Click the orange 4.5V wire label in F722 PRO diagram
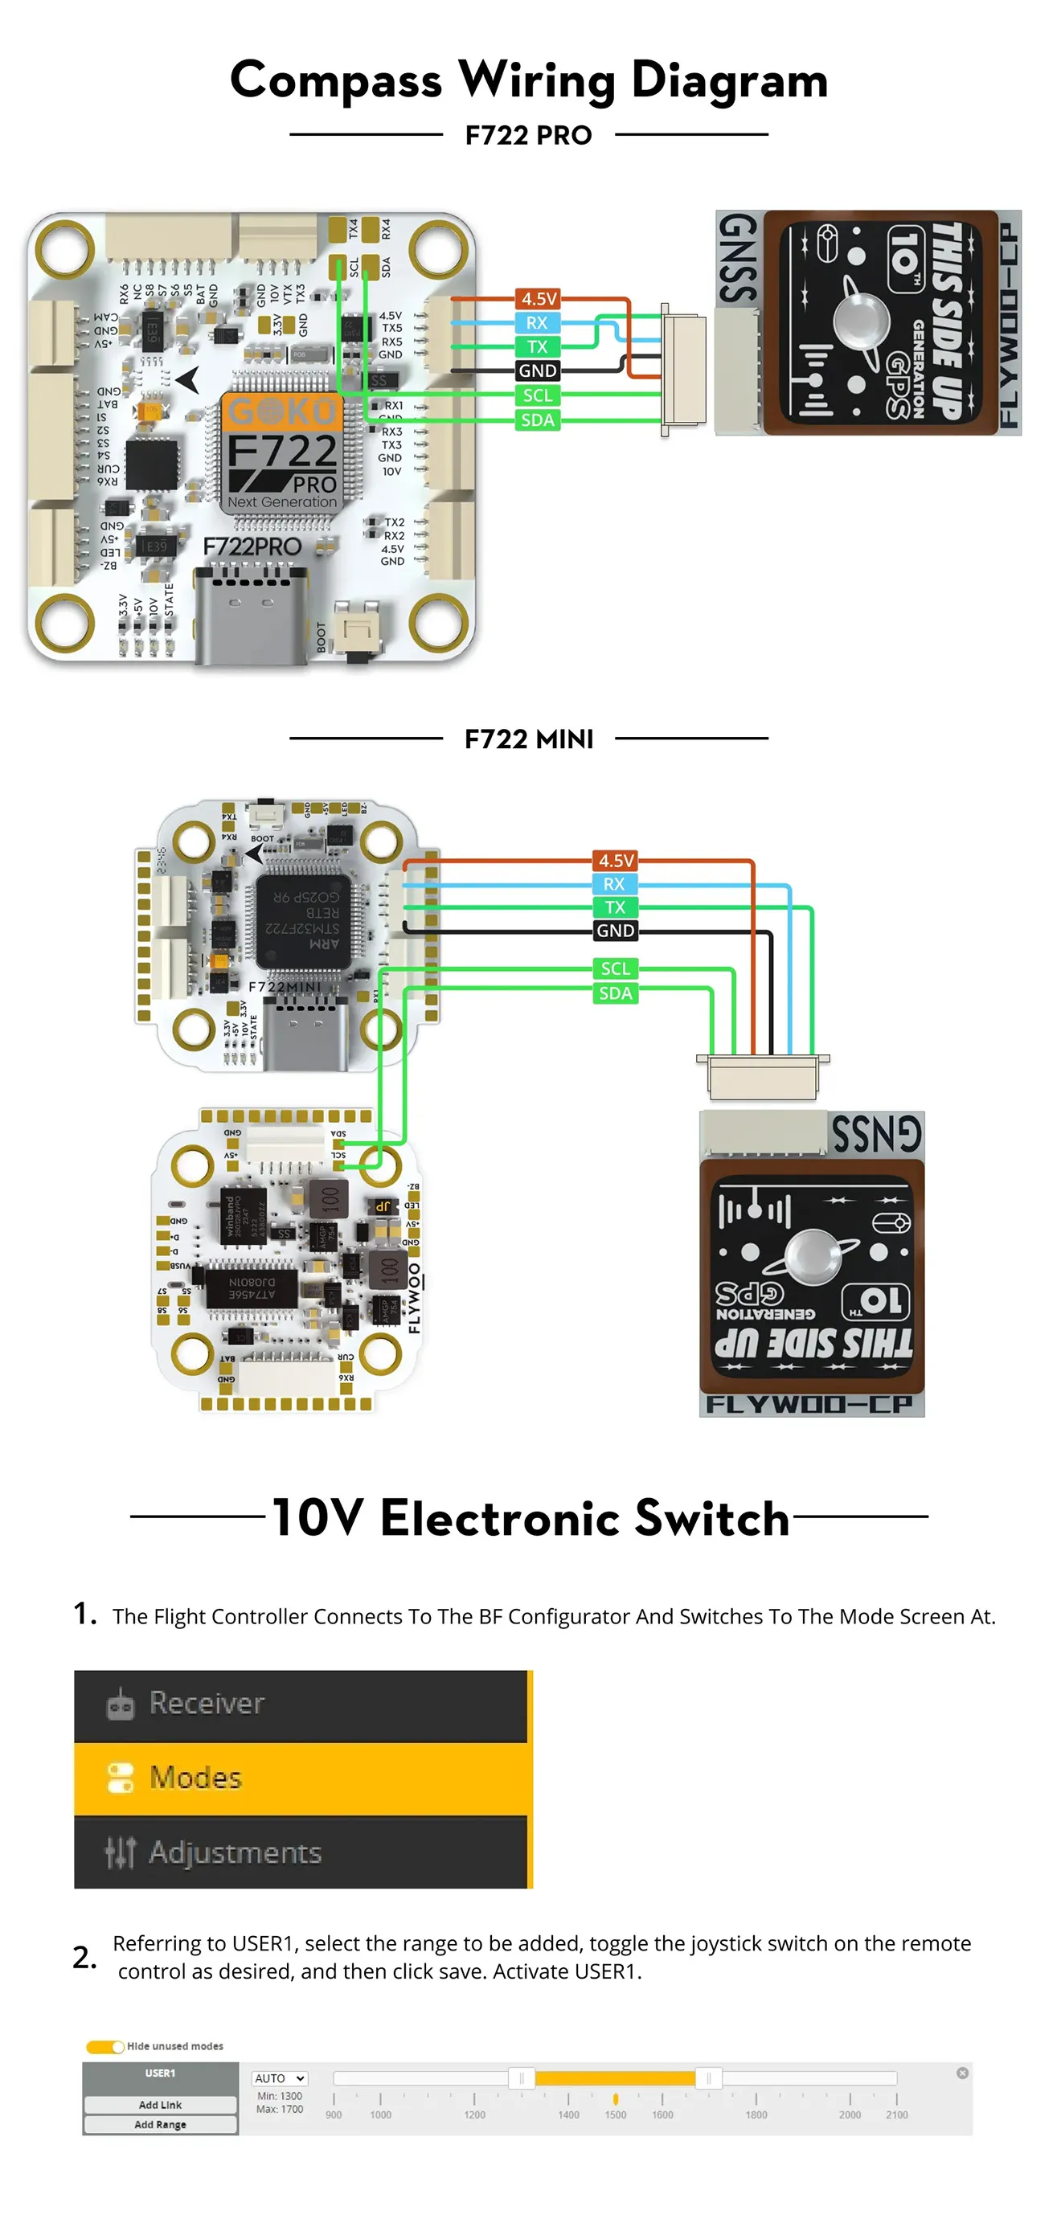(538, 298)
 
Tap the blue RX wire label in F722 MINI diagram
(614, 884)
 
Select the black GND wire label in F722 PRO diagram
(538, 370)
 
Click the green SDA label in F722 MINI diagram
(615, 993)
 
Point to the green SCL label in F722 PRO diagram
(538, 395)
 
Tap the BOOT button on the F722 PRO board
(358, 630)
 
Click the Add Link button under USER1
(161, 2105)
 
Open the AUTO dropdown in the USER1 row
(280, 2078)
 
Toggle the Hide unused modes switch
(105, 2047)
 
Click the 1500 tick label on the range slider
(615, 2115)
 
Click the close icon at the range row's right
(962, 2073)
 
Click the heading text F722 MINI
(528, 739)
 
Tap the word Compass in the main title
(336, 80)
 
